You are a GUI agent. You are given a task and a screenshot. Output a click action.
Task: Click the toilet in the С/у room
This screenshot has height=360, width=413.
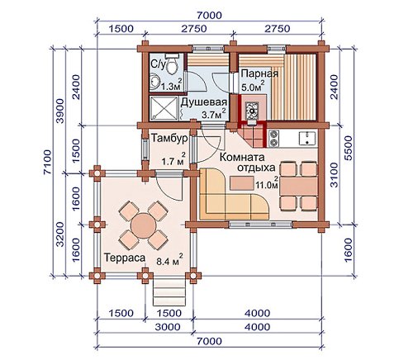point(173,64)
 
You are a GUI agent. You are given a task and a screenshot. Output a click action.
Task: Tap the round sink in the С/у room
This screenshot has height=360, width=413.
point(155,82)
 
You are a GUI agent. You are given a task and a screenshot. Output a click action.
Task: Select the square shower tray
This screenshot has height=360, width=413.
point(164,108)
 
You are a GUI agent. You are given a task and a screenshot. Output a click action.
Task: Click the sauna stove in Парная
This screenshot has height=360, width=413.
point(252,109)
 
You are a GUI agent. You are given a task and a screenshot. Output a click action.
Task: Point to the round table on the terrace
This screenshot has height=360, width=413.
point(143,226)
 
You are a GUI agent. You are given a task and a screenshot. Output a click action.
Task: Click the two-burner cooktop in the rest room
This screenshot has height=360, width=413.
point(274,138)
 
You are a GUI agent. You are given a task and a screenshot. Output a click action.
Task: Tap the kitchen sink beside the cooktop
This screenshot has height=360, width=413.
point(307,138)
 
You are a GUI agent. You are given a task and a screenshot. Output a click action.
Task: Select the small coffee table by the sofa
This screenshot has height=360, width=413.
point(242,183)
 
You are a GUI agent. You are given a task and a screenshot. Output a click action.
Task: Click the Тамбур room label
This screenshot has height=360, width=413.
point(169,138)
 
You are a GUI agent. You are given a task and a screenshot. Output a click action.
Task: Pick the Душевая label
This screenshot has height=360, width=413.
point(204,102)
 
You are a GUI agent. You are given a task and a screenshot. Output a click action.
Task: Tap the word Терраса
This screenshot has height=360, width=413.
point(125,258)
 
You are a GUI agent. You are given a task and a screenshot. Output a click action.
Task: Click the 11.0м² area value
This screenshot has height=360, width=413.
point(267,184)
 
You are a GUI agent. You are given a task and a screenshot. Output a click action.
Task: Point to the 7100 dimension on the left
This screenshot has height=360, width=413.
point(47,163)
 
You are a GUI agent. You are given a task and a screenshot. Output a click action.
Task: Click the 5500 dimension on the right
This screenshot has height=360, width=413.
point(348,149)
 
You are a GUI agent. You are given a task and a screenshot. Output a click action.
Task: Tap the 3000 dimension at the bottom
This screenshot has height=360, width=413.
point(168,327)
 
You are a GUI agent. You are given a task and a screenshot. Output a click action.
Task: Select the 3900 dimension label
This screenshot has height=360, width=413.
point(60,111)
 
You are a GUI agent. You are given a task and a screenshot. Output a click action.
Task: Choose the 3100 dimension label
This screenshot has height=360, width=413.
point(334,175)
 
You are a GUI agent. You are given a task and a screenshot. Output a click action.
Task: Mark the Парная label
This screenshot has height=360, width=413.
point(259,73)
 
